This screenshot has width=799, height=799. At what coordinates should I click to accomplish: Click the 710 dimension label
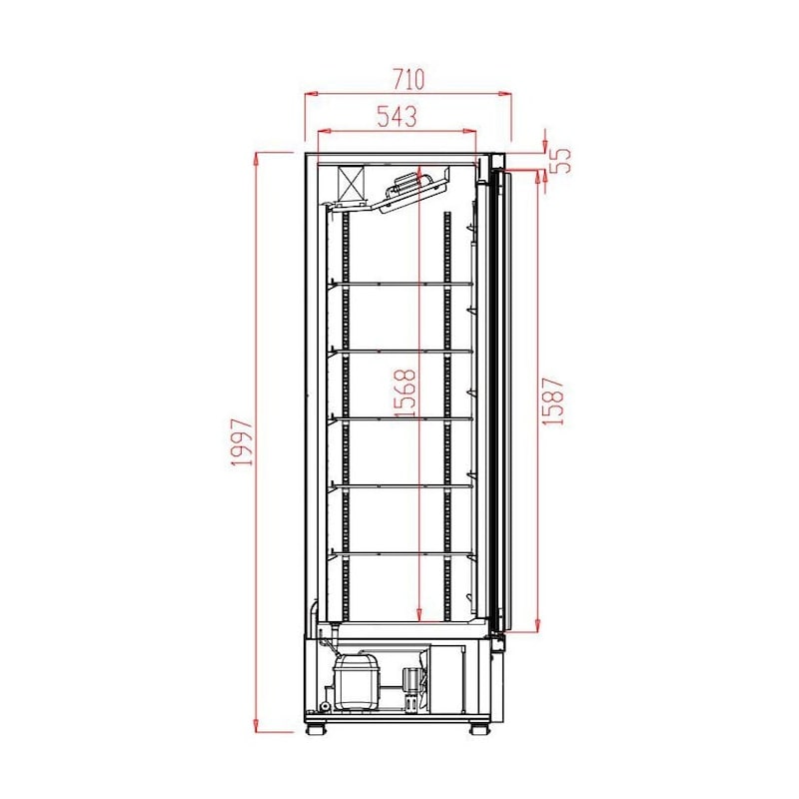[408, 79]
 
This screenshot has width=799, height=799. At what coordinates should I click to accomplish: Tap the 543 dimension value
[397, 116]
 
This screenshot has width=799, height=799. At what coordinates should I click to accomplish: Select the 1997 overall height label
[242, 442]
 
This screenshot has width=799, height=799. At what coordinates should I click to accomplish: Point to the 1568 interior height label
[405, 393]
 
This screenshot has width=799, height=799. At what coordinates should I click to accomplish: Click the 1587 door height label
[553, 401]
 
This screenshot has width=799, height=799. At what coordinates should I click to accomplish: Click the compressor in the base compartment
[357, 682]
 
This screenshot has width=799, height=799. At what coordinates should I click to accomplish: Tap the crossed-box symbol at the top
[352, 184]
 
